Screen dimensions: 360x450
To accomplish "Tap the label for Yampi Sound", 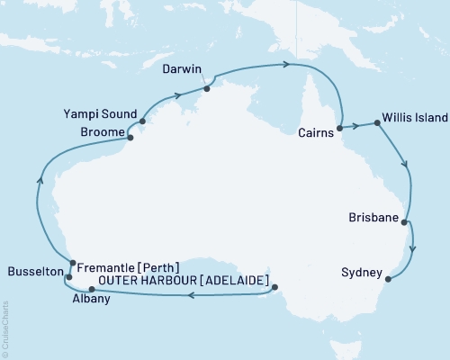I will tap(101, 115).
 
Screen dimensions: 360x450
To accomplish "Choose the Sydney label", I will tap(364, 272).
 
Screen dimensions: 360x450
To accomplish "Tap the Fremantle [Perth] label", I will tap(129, 267).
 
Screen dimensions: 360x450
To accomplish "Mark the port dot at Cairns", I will tap(341, 128).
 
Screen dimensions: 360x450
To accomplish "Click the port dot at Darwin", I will tap(207, 88).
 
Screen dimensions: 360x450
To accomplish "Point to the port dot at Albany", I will tap(91, 289).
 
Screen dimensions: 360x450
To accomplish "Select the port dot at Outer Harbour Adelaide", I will tap(275, 288).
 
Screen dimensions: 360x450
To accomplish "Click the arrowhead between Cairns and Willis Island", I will tap(358, 125).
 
